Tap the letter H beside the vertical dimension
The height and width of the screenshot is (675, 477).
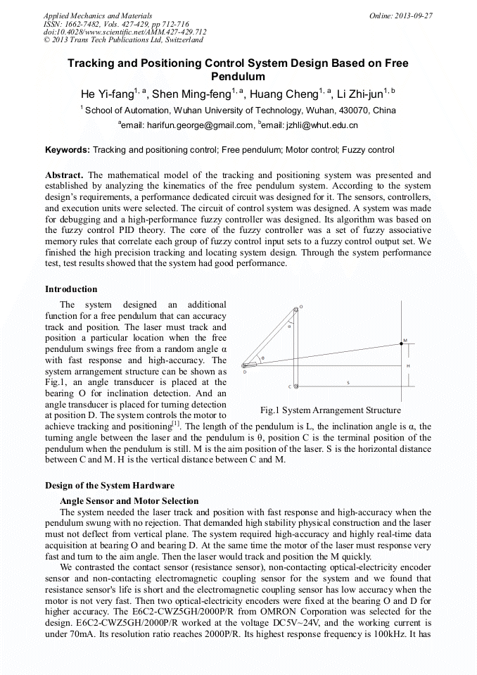[409, 366]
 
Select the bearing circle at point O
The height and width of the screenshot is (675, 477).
[295, 308]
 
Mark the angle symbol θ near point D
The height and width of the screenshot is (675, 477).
[262, 358]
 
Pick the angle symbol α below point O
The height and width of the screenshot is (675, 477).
[289, 326]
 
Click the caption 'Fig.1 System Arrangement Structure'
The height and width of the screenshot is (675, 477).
[331, 410]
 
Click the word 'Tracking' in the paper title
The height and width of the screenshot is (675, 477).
[94, 63]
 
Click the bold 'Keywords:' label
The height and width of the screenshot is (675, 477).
[68, 150]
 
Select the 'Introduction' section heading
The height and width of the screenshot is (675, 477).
[71, 289]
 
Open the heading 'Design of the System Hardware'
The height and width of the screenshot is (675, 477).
[110, 486]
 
